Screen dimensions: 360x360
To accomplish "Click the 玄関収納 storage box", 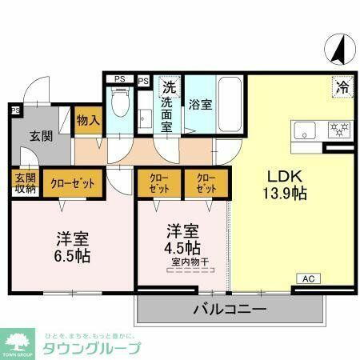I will pos(24,183).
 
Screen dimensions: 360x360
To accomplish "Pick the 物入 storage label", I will pos(88,120).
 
